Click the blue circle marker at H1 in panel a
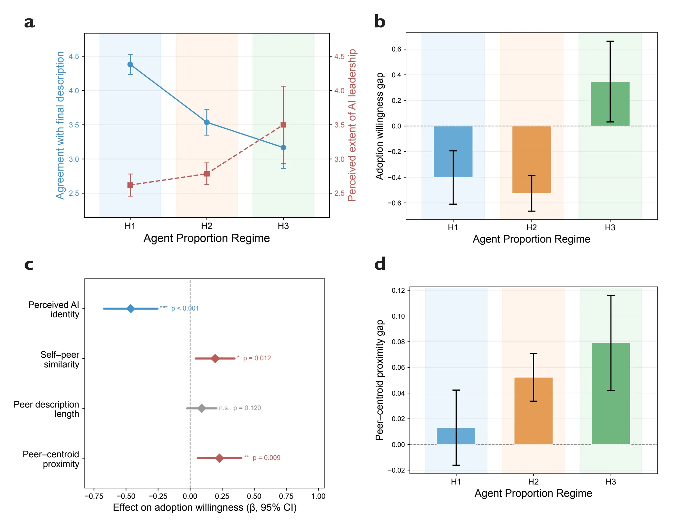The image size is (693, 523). [x=130, y=64]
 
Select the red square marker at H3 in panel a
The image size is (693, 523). [x=283, y=125]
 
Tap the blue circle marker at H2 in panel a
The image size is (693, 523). [x=207, y=122]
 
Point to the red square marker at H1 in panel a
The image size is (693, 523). [x=130, y=185]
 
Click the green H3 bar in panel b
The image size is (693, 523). [x=610, y=104]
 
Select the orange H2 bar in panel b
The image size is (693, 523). [x=532, y=159]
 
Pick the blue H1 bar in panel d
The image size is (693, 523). [x=456, y=436]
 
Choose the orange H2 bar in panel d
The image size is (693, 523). [x=533, y=411]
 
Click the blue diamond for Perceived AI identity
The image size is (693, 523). [x=131, y=309]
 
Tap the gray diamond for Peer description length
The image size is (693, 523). [x=202, y=408]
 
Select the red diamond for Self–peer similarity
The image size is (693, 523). [x=215, y=358]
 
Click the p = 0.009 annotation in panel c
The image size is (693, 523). [x=267, y=458]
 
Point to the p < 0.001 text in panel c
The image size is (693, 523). [x=185, y=308]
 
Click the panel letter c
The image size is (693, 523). [x=29, y=265]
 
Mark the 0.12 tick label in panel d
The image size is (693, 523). [x=398, y=290]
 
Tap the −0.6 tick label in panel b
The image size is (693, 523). [x=395, y=203]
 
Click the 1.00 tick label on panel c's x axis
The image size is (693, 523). [x=318, y=496]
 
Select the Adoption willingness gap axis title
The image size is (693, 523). [x=379, y=126]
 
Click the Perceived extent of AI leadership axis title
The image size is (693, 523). [x=352, y=125]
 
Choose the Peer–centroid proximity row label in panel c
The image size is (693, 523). [x=51, y=459]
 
